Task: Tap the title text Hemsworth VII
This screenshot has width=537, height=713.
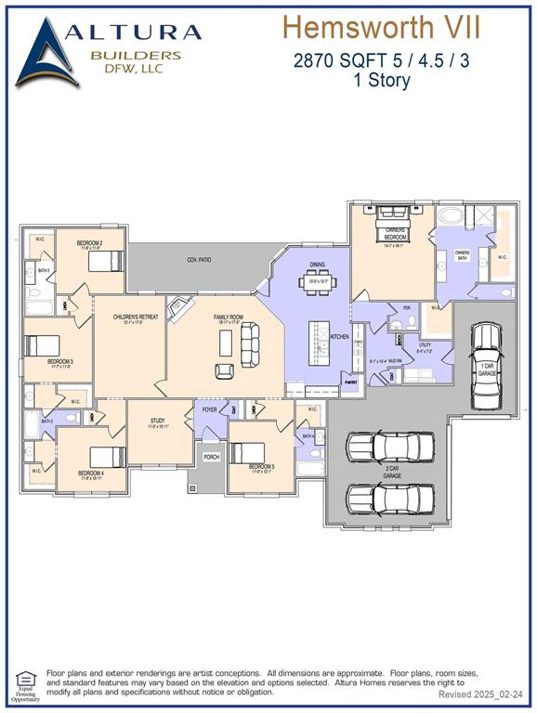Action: click(382, 27)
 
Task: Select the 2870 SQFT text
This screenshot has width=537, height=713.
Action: click(327, 61)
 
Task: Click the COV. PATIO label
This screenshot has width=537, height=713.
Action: click(199, 260)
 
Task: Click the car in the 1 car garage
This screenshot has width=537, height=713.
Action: click(486, 364)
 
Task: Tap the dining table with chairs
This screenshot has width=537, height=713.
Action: click(317, 285)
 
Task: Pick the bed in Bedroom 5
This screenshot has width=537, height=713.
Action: click(247, 453)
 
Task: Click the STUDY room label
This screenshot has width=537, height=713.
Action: click(158, 421)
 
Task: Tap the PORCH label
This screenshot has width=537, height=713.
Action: click(212, 457)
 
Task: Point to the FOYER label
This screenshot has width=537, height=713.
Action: click(210, 409)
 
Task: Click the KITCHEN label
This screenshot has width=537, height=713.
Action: click(340, 336)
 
